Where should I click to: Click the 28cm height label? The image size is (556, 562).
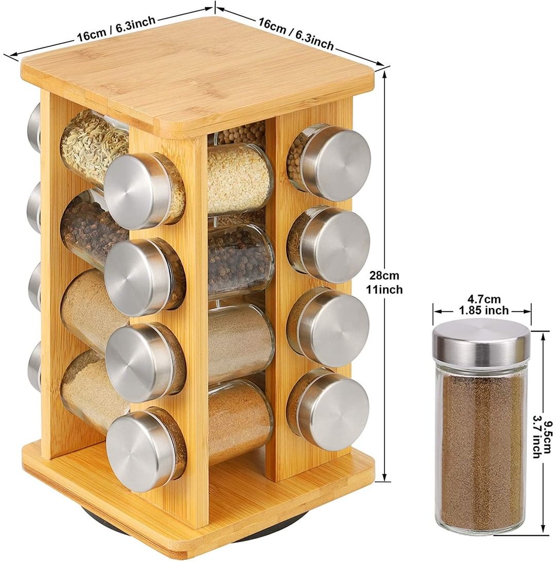pos(384,275)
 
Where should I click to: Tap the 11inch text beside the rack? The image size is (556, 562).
pos(384,289)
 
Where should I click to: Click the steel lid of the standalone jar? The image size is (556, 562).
pos(481,341)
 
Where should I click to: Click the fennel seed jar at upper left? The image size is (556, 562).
pos(94,147)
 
